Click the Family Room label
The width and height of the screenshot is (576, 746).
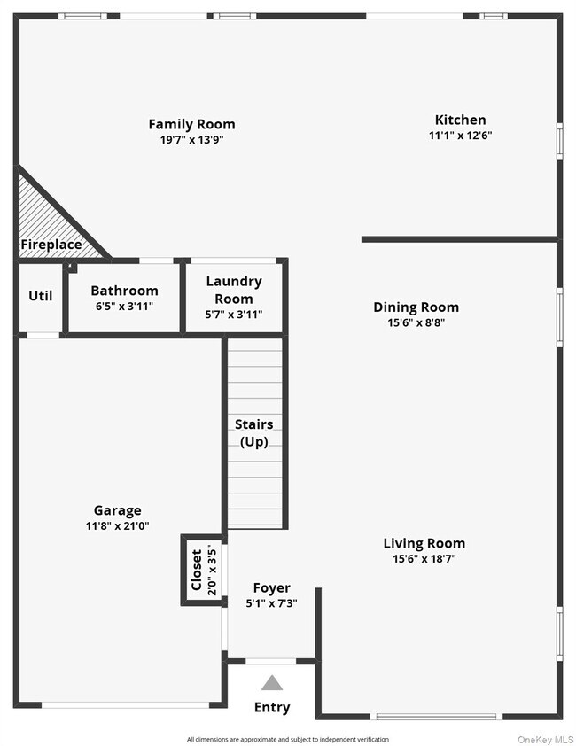191,124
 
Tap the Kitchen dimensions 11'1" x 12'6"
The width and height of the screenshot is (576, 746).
459,136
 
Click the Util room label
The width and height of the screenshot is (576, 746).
41,296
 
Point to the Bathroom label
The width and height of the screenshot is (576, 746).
124,291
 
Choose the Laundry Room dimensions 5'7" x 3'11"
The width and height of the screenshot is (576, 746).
234,315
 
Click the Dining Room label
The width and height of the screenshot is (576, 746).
416,307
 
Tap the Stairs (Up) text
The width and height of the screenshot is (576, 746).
253,433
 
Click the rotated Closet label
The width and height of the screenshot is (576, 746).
197,570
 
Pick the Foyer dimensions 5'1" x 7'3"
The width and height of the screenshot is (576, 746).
271,603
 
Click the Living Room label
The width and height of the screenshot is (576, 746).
424,543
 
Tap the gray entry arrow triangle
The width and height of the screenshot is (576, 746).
272,683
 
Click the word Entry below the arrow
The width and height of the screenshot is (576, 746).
272,707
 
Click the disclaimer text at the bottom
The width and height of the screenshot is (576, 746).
287,739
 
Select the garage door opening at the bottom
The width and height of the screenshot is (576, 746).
126,704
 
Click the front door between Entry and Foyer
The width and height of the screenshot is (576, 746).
271,661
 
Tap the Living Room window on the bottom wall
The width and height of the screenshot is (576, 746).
435,715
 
